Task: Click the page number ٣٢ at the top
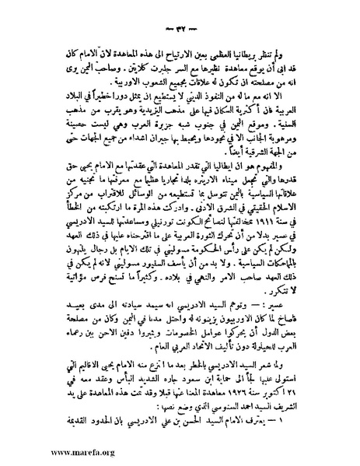(x=180, y=14)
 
